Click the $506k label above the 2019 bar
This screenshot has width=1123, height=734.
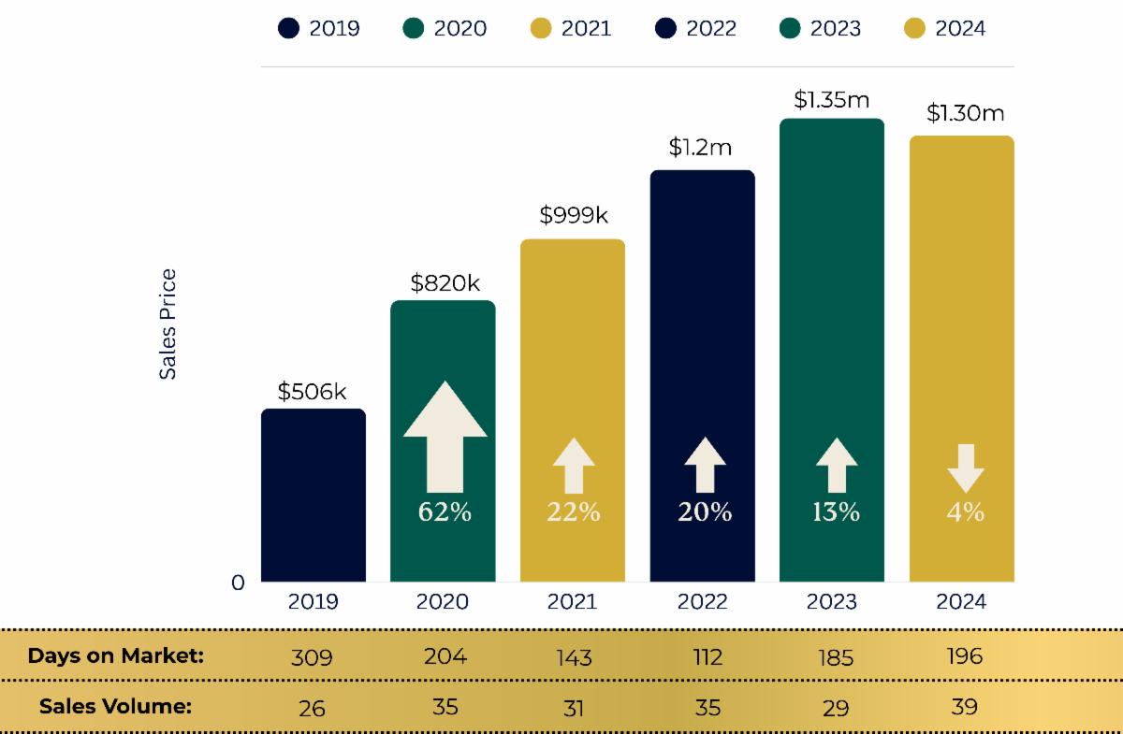pos(313,391)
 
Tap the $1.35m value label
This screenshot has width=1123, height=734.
pos(832,99)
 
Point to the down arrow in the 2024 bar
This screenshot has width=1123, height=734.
pos(965,468)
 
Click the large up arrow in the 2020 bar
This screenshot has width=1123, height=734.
pos(445,435)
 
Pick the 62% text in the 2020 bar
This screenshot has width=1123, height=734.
pos(445,512)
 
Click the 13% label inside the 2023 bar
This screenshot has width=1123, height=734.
pos(836,512)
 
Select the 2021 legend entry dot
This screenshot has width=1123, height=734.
pos(541,28)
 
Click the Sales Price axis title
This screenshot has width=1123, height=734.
pos(168,324)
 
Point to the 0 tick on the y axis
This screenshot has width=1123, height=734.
pos(238,583)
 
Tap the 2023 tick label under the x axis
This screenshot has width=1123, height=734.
pos(832,601)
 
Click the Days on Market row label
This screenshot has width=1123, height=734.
pos(115,655)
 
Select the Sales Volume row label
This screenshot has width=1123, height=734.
pos(115,706)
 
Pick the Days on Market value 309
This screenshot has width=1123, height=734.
pos(312,657)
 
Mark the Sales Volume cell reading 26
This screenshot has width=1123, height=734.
pos(312,708)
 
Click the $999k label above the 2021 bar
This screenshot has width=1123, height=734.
pos(574,215)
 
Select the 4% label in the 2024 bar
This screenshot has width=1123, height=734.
pos(965,512)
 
